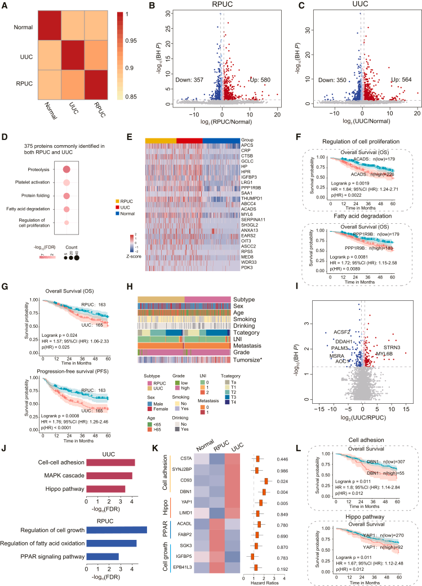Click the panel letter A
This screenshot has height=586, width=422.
(5, 7)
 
